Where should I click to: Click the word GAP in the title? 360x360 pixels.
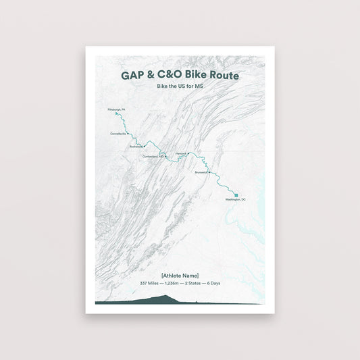133,76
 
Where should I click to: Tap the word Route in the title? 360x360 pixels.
224,76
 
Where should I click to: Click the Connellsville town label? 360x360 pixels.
118,133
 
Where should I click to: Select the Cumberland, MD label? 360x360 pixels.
153,156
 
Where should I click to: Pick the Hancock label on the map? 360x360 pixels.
180,153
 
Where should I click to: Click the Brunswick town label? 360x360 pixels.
201,172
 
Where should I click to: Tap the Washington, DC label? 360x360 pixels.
236,200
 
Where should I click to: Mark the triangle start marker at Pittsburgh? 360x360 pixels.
117,114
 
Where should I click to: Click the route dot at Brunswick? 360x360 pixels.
209,172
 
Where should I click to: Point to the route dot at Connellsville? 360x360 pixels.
128,133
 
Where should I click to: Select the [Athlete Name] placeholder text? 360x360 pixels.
180,274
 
